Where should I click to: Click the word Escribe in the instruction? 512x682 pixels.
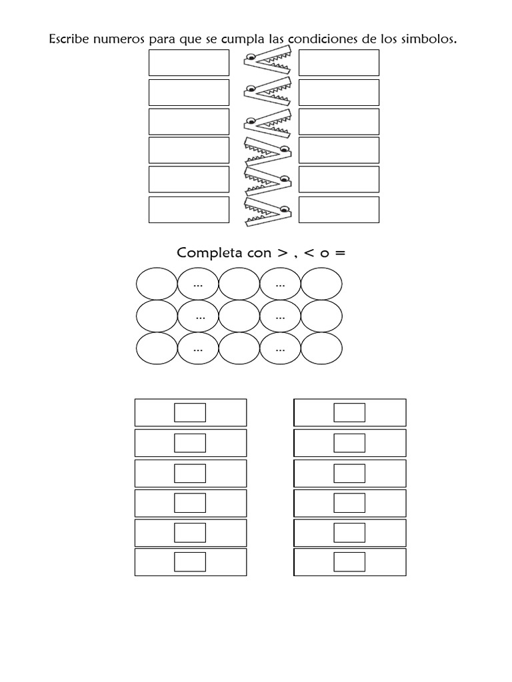point(68,39)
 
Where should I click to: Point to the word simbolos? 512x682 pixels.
point(431,39)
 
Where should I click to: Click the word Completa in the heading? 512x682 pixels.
point(205,253)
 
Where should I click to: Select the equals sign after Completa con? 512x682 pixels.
point(341,253)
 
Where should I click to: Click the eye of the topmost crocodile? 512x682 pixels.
point(251,57)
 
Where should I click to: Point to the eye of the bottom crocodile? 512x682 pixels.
point(284,210)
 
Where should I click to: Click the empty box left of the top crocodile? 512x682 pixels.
point(189,63)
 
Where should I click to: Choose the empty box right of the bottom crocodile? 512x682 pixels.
point(339,209)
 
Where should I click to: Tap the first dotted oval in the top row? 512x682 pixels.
point(197,284)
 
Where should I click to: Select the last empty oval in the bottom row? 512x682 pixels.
point(321,348)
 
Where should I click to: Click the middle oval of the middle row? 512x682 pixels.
point(239,316)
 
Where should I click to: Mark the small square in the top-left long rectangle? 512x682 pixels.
point(190,412)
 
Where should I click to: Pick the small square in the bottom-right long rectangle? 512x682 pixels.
point(349,561)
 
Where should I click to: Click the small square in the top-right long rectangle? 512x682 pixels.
point(349,412)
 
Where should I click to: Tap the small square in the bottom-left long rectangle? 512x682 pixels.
point(190,561)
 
